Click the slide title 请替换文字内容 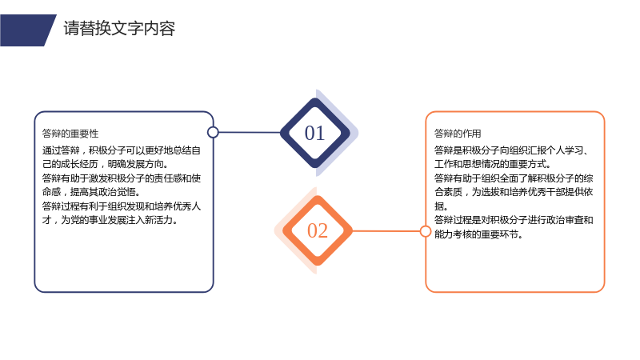[119, 29]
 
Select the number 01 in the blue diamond [314, 133]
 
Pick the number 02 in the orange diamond [318, 230]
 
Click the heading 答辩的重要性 [70, 134]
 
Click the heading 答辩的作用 [458, 134]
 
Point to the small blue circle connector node [213, 132]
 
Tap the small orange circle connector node [426, 231]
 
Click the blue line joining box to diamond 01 [250, 132]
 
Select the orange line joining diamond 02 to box [386, 231]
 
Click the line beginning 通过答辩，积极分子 [122, 150]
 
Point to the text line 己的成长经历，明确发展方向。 [106, 164]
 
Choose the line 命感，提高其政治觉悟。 [91, 192]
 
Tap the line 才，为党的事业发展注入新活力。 [110, 220]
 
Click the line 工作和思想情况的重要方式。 [493, 164]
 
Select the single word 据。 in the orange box [441, 206]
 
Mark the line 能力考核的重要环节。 [478, 234]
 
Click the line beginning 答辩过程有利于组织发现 [122, 206]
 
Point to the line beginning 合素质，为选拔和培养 [514, 192]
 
